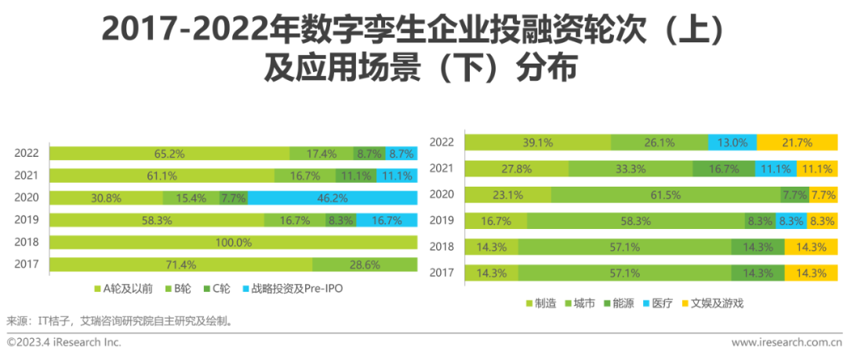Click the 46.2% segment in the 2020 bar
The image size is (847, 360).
coord(333,198)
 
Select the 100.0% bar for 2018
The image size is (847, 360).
coord(234,242)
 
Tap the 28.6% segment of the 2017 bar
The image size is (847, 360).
coord(365,265)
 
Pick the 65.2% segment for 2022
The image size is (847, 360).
coord(169,154)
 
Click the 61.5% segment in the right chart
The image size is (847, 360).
coord(666,195)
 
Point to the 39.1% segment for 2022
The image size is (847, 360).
coord(537,143)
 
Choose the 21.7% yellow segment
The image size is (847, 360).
coord(797,143)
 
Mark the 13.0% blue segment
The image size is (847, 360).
coord(732,143)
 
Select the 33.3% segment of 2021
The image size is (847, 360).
coord(631,169)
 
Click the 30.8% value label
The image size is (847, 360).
coord(106,198)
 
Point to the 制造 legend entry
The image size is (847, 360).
coord(541,303)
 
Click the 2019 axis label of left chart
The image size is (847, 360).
coord(27,220)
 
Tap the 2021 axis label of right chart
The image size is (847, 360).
coord(442,169)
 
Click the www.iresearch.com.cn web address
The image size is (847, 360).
coord(787,342)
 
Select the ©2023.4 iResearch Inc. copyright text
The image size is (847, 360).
coord(64,342)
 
